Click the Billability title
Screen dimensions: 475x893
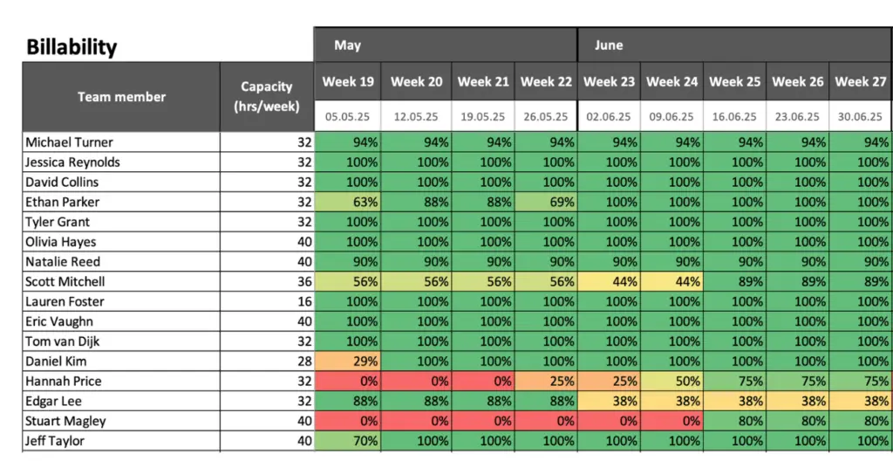click(72, 46)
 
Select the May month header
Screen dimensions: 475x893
click(347, 45)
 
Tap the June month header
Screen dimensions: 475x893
click(609, 45)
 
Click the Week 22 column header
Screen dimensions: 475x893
click(546, 82)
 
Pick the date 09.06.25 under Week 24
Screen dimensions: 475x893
click(671, 115)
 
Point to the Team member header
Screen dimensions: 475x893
click(121, 97)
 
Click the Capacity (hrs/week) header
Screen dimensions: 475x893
click(267, 97)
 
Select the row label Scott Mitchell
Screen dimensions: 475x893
click(65, 282)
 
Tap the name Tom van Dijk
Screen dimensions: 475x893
click(63, 341)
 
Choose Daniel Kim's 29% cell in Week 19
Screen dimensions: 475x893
click(349, 361)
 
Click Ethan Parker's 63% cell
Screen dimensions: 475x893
click(349, 203)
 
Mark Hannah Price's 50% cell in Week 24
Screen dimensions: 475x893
click(671, 382)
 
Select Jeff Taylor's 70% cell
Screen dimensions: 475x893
click(349, 441)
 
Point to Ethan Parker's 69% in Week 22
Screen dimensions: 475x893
click(546, 203)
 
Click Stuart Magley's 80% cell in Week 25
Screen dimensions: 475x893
click(735, 421)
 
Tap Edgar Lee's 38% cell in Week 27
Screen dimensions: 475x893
click(861, 402)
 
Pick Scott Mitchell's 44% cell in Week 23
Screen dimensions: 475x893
click(609, 282)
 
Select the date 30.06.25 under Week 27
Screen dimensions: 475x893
click(861, 115)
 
